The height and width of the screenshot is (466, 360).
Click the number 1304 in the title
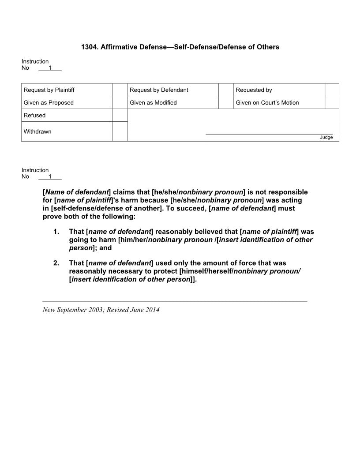(x=89, y=47)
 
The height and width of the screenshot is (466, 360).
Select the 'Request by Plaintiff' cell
(x=49, y=90)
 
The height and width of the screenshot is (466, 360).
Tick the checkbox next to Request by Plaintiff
(x=120, y=90)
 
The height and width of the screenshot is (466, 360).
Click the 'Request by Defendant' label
(x=159, y=90)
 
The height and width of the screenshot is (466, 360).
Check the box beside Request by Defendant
(x=226, y=90)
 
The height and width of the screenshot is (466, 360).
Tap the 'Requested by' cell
(x=254, y=90)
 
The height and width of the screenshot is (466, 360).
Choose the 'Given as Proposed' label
(x=49, y=103)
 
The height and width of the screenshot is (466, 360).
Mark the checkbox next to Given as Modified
(x=226, y=103)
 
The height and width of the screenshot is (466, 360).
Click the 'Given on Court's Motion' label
(x=267, y=103)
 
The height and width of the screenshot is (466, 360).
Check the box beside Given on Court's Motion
(x=332, y=103)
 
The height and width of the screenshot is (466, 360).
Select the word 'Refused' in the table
(x=34, y=116)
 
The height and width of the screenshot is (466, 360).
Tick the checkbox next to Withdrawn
(x=120, y=132)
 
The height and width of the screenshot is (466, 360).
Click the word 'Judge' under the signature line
(x=326, y=137)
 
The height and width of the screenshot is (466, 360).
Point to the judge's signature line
(x=269, y=133)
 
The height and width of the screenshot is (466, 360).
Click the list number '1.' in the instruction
(x=56, y=232)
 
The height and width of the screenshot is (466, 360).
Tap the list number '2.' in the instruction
(x=56, y=263)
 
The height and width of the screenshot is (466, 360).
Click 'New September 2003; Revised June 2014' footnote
(x=101, y=310)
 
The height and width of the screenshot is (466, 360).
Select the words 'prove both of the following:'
(x=89, y=217)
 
